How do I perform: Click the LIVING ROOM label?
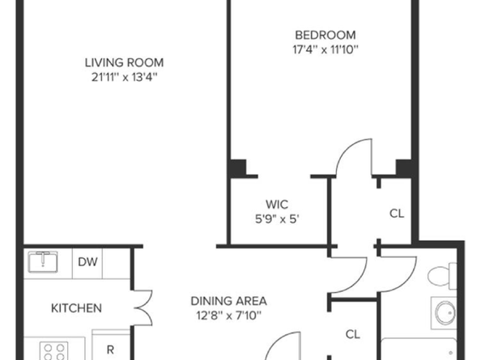coord(125,62)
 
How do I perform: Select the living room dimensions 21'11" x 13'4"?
coord(125,78)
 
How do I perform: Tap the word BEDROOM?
coord(325,35)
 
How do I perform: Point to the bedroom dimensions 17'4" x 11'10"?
coord(325,49)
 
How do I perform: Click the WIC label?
coord(278,204)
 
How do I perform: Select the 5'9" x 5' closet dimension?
coord(278,218)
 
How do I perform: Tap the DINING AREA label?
coord(223,300)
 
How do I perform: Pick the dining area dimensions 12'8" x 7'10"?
coord(223,315)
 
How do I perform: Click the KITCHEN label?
coord(76,308)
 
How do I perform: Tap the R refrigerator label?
coord(110,349)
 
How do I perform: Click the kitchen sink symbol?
coord(42,262)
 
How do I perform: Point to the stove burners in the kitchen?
coord(54,351)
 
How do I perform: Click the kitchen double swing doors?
coord(142,307)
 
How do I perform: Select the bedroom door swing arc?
coord(353,157)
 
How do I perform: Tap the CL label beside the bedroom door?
coord(396,214)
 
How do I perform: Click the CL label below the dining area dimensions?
coord(352,333)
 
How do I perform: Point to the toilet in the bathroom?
coord(441,276)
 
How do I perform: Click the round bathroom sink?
coord(445,313)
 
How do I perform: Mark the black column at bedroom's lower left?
coord(236,168)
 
